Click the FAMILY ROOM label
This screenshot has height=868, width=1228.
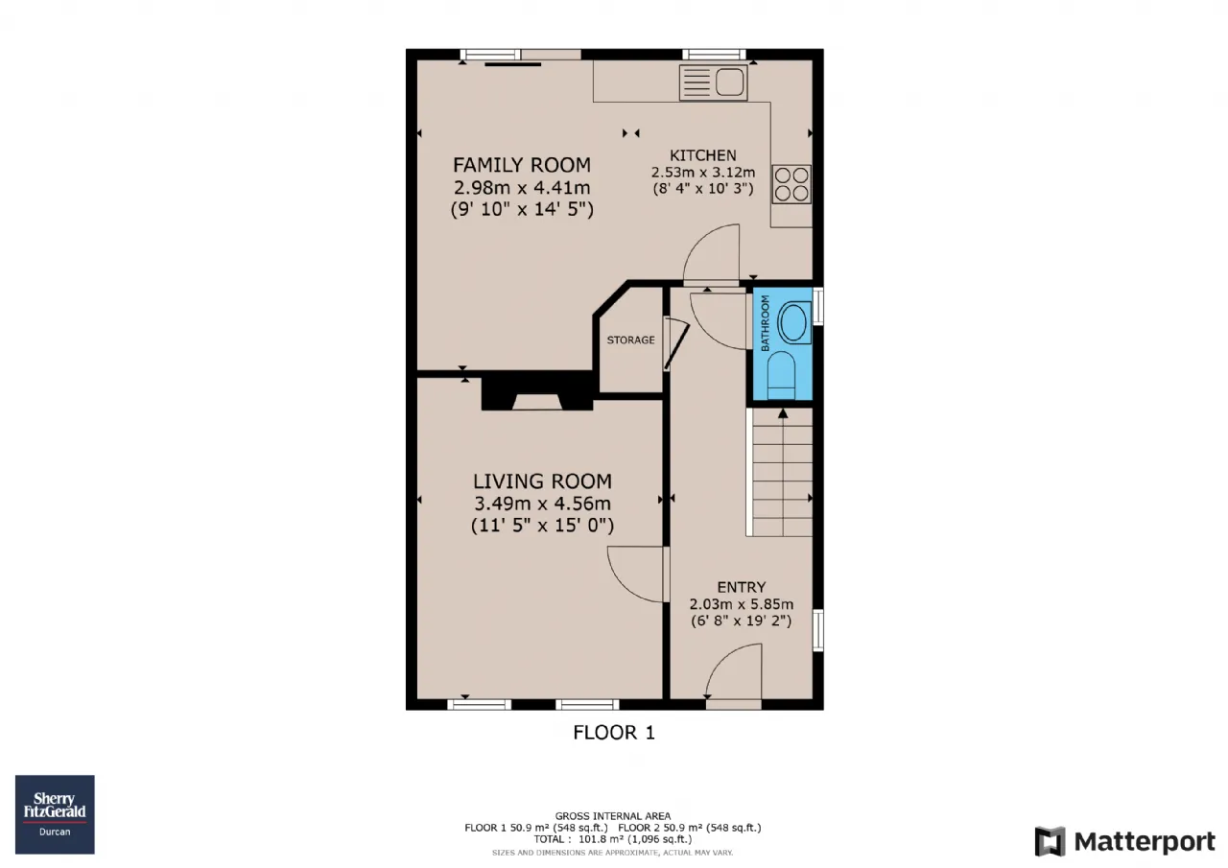[x=521, y=165]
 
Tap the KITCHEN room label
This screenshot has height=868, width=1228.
[x=703, y=155]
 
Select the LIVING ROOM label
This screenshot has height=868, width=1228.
[x=542, y=481]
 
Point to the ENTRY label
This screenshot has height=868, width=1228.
[x=742, y=587]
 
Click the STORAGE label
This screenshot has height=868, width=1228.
[x=630, y=340]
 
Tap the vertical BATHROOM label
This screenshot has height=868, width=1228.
[x=766, y=323]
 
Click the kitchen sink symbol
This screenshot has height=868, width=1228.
[x=713, y=82]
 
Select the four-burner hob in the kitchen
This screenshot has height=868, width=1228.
[x=791, y=184]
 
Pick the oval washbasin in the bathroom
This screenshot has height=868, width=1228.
[x=793, y=322]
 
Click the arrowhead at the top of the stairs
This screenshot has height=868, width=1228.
[x=783, y=413]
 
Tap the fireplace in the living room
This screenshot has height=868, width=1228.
[x=537, y=393]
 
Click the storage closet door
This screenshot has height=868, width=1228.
[x=676, y=345]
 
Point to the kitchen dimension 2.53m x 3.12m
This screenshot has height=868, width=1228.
[x=703, y=172]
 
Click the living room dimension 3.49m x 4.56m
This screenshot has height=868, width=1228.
[x=542, y=503]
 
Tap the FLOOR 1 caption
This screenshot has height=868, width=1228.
[x=614, y=733]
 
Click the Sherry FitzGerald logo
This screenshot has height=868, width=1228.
[x=55, y=814]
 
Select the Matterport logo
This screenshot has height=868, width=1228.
[x=1125, y=841]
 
